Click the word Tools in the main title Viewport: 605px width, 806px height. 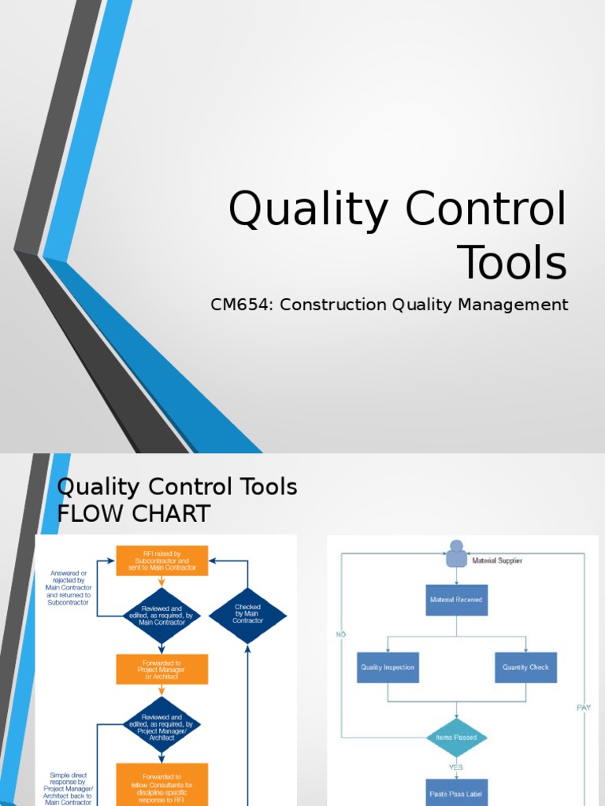(x=512, y=263)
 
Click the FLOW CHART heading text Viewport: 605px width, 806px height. (x=134, y=514)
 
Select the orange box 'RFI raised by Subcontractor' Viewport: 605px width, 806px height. (x=162, y=560)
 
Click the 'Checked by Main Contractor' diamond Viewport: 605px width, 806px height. (x=247, y=615)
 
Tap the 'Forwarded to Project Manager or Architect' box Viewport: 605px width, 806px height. (x=162, y=671)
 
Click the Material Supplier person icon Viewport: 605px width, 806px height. (x=456, y=554)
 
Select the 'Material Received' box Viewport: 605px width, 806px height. (x=456, y=600)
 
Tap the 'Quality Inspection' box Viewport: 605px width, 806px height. (x=387, y=667)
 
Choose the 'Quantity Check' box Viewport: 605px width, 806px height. (x=525, y=667)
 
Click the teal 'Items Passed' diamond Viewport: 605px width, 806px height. (x=456, y=738)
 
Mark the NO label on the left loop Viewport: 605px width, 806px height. (x=340, y=634)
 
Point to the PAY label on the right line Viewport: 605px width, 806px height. (x=583, y=708)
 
